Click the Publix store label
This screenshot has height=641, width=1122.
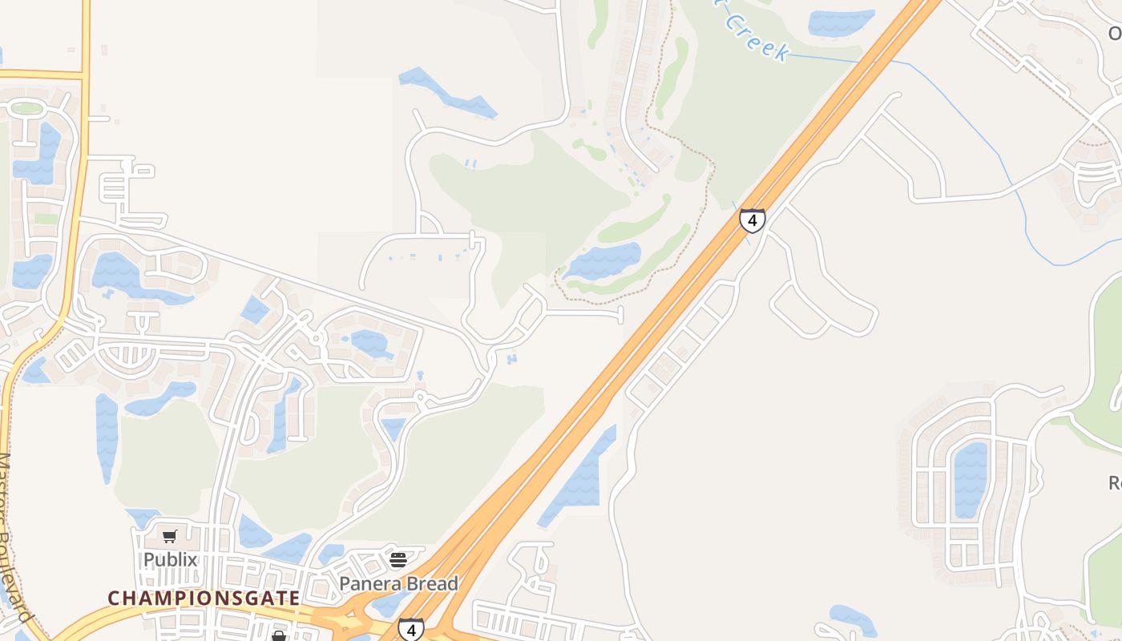tap(170, 559)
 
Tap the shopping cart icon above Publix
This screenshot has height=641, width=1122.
tap(170, 537)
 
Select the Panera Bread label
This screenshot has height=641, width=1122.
tap(398, 583)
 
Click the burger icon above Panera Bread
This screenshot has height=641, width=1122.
tap(398, 559)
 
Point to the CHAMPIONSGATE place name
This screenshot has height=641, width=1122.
tap(204, 598)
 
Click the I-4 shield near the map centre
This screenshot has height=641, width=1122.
tap(752, 220)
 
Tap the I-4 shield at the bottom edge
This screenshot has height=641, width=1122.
tap(411, 629)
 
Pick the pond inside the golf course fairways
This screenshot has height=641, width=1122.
tap(603, 260)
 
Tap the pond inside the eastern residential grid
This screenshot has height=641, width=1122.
tap(971, 479)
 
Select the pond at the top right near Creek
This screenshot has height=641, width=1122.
tap(840, 22)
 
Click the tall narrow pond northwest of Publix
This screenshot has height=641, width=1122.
tap(107, 437)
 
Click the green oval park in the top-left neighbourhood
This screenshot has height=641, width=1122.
tap(26, 108)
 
